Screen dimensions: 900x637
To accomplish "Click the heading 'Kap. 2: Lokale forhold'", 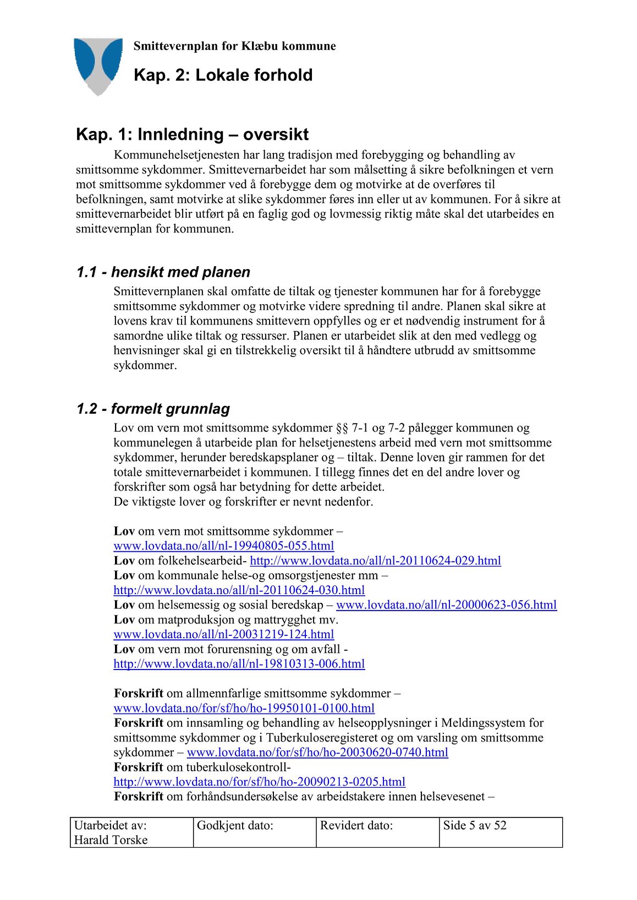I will tap(223, 75).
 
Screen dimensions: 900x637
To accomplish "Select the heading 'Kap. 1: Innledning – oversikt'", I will tap(192, 134).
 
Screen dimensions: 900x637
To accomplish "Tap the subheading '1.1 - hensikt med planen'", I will tap(163, 272).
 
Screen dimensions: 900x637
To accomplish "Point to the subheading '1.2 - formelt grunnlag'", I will tap(153, 409).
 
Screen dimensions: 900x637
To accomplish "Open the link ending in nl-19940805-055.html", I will tap(223, 546).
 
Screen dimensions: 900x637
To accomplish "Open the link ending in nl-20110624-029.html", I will tap(375, 561).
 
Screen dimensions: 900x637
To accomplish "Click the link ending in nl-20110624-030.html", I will tap(239, 590).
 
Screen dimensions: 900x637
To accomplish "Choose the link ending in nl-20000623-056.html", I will tap(446, 605).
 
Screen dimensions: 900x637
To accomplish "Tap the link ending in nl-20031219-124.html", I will tap(223, 634).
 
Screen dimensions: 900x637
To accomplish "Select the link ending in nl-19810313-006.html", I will tap(239, 664).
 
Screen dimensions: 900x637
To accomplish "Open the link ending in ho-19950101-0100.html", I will tap(244, 708).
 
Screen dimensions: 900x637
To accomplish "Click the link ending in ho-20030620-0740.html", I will tap(317, 752).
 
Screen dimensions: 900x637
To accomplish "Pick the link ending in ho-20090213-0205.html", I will tap(259, 782).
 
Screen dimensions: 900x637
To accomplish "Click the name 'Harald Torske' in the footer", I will tap(111, 840).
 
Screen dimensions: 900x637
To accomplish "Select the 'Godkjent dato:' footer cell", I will tap(235, 826).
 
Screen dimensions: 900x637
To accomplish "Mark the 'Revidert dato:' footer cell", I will tap(356, 826).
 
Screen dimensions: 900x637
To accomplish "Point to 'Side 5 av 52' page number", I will tap(475, 826).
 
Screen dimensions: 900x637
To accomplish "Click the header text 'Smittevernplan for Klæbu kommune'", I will tap(234, 46).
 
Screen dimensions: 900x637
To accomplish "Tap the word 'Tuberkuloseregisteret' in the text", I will tap(320, 738).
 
